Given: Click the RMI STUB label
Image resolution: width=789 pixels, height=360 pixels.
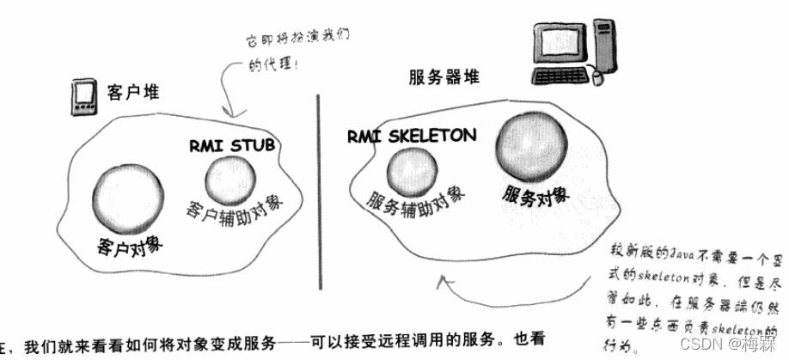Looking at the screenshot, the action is pyautogui.click(x=232, y=145).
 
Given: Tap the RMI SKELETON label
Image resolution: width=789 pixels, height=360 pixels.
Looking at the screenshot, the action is pyautogui.click(x=412, y=136).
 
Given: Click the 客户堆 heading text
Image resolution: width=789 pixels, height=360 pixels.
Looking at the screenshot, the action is pyautogui.click(x=130, y=91).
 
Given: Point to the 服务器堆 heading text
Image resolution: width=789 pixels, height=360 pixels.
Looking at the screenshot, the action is pyautogui.click(x=443, y=77).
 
